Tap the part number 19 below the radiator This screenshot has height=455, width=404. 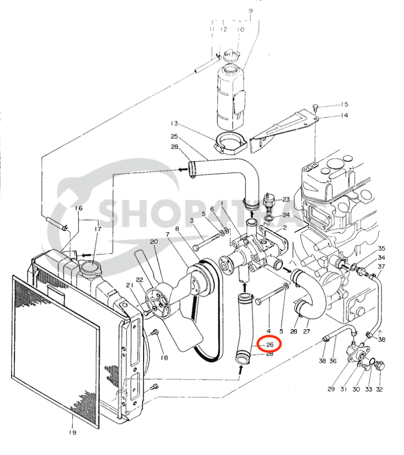72,433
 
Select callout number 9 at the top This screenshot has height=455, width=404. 251,11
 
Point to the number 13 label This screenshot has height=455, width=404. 175,123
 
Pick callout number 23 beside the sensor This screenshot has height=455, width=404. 286,199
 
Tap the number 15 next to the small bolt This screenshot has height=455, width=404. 344,104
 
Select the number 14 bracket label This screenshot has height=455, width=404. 344,115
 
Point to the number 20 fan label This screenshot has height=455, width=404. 154,241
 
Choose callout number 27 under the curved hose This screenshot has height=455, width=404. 307,331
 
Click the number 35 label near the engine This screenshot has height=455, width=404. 382,248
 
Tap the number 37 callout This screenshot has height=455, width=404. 382,267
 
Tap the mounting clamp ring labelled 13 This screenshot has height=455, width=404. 229,142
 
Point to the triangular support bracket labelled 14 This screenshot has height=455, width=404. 281,127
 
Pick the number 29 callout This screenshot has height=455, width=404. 332,389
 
